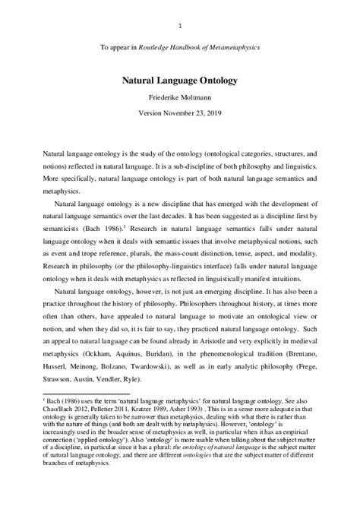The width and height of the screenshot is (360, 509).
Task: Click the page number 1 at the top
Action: (x=179, y=27)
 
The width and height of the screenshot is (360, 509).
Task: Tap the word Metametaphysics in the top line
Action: (x=233, y=47)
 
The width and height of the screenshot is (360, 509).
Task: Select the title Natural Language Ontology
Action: (x=179, y=78)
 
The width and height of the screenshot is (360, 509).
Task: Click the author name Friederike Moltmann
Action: (x=180, y=97)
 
